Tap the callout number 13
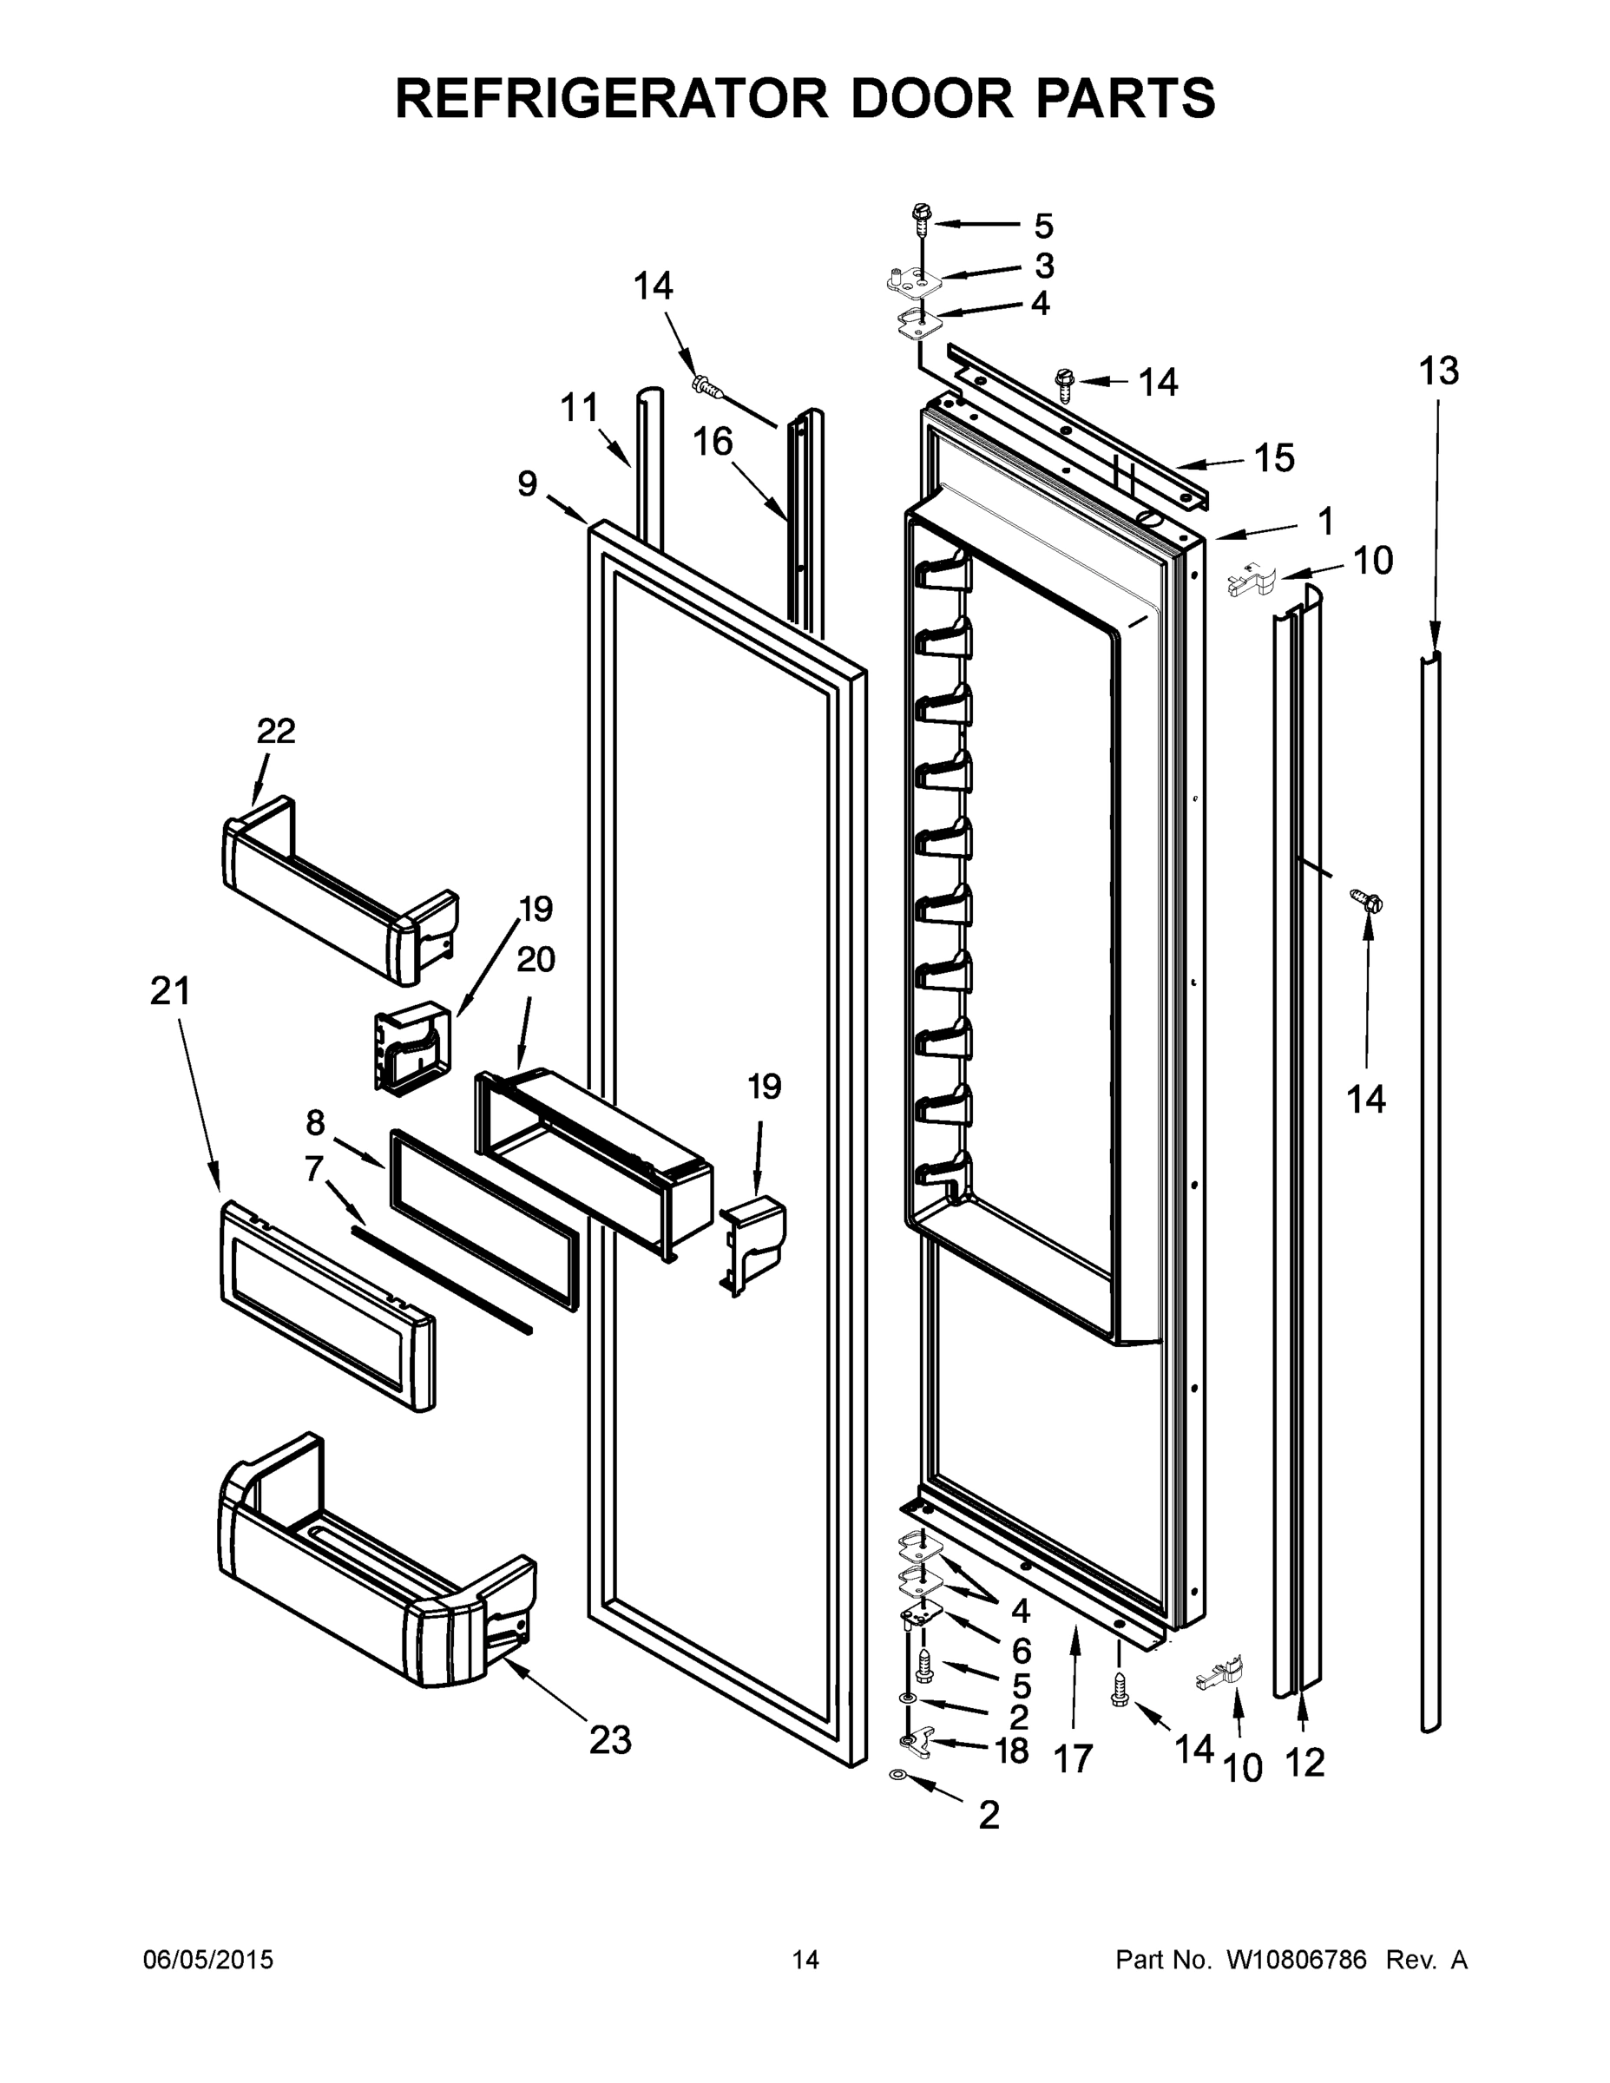click(1437, 371)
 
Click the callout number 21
click(171, 992)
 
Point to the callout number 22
click(276, 731)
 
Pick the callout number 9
click(528, 483)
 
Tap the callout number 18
click(1011, 1750)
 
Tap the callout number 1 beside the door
click(1324, 522)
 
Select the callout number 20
click(536, 958)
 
